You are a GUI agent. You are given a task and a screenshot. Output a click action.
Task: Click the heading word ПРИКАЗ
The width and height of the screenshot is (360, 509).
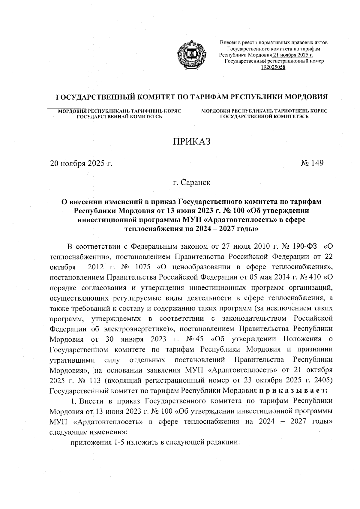coord(191,141)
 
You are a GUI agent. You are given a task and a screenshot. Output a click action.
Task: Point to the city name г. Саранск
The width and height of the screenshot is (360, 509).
coord(191,182)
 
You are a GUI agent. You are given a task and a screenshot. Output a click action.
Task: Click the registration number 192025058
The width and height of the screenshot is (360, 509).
coord(273,67)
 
